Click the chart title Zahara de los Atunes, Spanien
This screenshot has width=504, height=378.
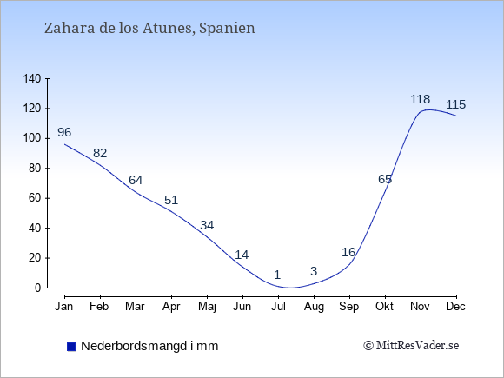tap(149, 29)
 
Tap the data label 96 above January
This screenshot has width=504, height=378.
tap(64, 132)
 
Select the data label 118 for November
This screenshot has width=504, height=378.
tap(420, 99)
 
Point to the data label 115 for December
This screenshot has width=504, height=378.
tap(456, 104)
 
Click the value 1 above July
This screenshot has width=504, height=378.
tap(277, 275)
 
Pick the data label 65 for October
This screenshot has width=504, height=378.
tap(385, 179)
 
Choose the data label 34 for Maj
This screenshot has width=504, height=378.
tap(207, 225)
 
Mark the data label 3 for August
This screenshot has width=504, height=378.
tap(314, 271)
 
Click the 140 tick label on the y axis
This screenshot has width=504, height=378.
tap(32, 78)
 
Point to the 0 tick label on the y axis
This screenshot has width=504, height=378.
tap(38, 288)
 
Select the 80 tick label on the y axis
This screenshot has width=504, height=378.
tap(35, 168)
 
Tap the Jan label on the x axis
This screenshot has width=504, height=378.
tap(64, 307)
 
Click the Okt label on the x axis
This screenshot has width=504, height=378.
tap(384, 307)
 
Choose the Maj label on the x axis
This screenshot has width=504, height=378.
tap(207, 307)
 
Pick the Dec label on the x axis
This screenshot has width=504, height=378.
tap(456, 307)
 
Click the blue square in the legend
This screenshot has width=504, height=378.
tap(71, 347)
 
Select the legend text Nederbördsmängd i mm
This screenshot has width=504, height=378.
tap(149, 346)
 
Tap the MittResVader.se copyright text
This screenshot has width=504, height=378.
tap(411, 346)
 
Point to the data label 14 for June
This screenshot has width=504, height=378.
tap(242, 255)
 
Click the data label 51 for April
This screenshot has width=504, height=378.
tap(171, 200)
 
